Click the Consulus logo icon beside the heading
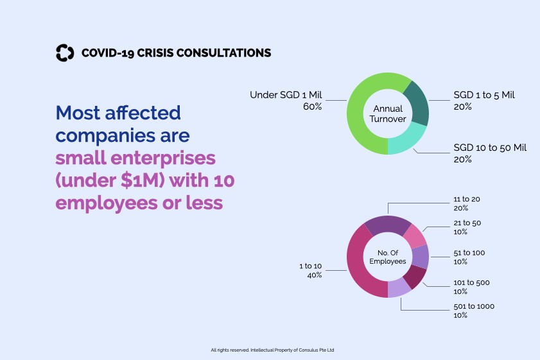point(65,53)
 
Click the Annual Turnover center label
point(388,114)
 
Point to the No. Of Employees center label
point(388,257)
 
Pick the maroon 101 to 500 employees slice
point(415,277)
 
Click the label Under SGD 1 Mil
point(286,96)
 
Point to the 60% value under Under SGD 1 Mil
point(312,107)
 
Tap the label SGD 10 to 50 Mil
point(486,148)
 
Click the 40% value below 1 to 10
point(313,275)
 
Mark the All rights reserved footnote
point(272,350)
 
